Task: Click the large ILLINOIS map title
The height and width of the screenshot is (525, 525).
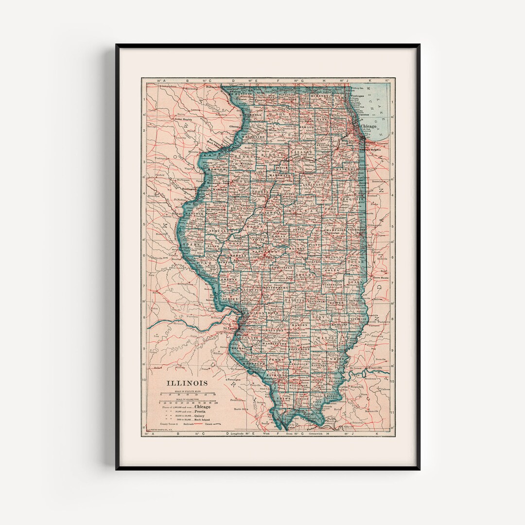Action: tap(187, 383)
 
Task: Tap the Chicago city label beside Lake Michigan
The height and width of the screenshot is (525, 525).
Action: tap(368, 126)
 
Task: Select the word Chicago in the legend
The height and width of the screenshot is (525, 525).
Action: tap(205, 407)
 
